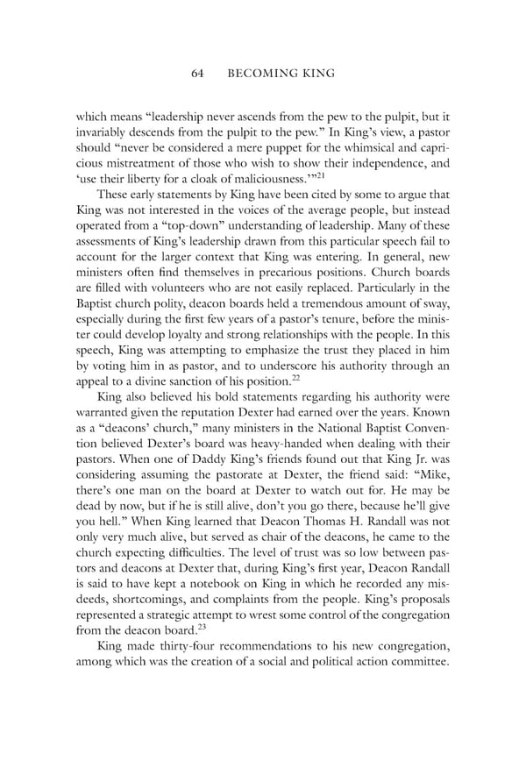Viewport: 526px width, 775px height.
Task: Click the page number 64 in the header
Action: pyautogui.click(x=198, y=74)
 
